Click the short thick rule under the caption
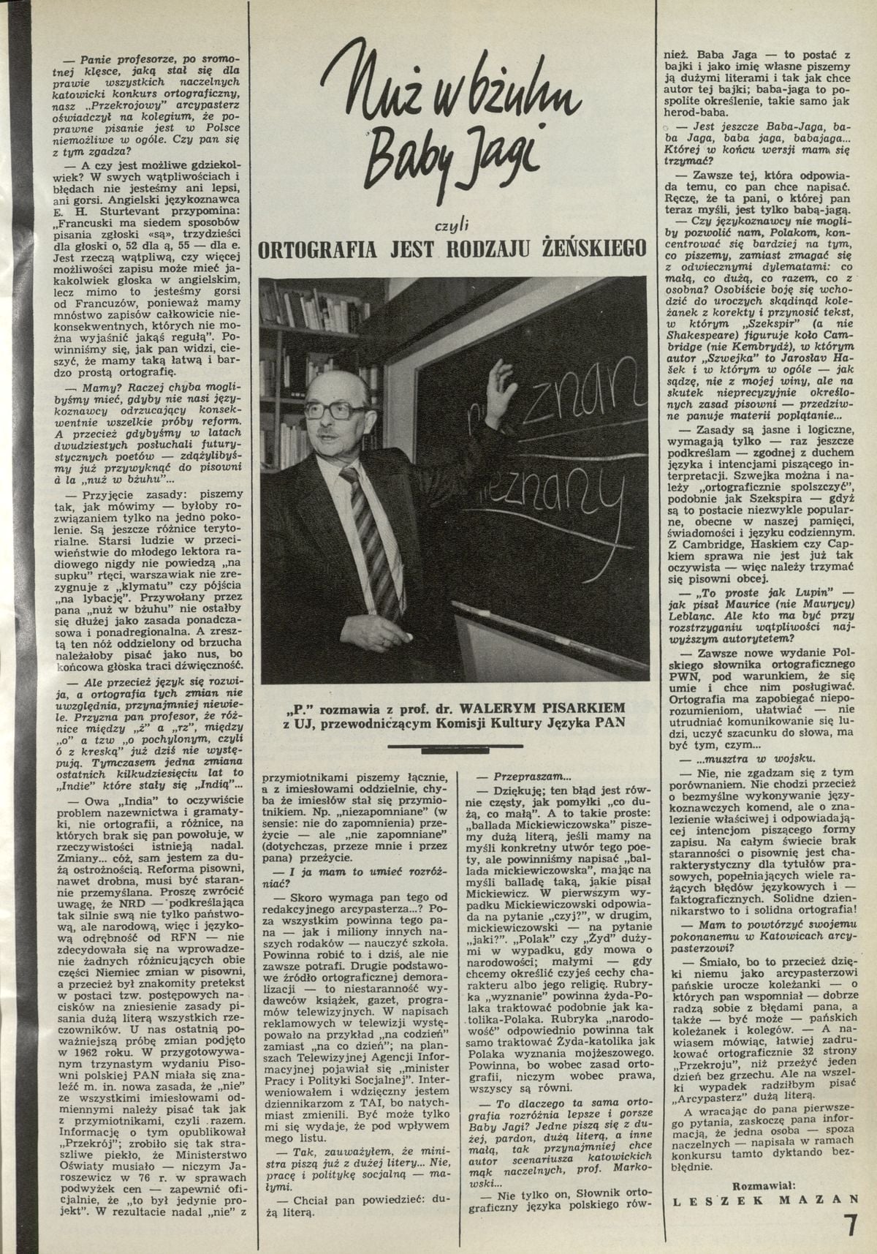pyautogui.click(x=453, y=746)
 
